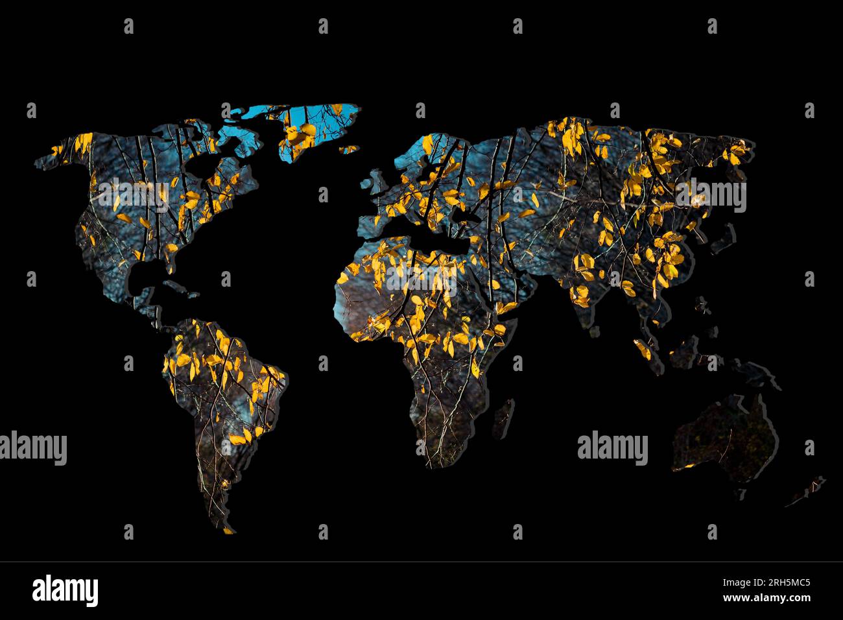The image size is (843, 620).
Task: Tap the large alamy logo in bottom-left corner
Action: pyautogui.click(x=65, y=590)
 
